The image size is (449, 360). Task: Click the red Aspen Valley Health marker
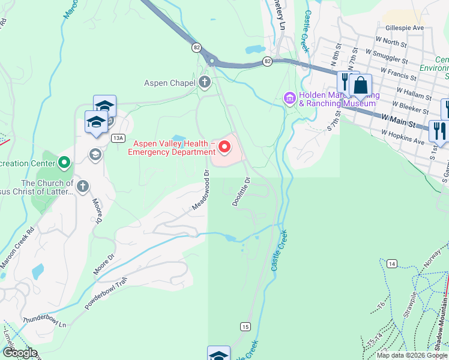click(225, 146)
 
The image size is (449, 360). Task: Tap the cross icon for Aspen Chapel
click(205, 82)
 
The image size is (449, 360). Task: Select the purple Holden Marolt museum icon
click(290, 97)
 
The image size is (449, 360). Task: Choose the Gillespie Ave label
click(405, 28)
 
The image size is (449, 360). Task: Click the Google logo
click(20, 353)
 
